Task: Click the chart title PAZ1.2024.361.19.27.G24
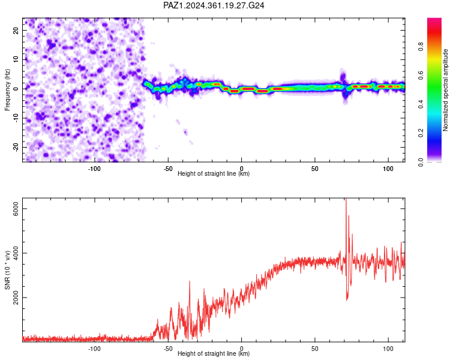(214, 5)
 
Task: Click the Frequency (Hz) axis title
(7, 90)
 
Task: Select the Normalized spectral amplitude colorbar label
(445, 90)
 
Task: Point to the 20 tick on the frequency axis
(16, 30)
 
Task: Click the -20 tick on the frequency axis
(16, 147)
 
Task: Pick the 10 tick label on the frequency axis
(16, 59)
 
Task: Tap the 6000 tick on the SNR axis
(16, 209)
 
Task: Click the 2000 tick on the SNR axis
(16, 298)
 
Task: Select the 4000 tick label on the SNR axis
(16, 253)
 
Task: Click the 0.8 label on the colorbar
(421, 46)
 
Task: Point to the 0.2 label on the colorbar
(421, 133)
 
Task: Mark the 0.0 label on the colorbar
(421, 162)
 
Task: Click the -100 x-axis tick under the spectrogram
(94, 169)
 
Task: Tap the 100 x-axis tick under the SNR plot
(388, 349)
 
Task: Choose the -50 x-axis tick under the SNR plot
(168, 349)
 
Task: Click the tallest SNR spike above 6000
(346, 200)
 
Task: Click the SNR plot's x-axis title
(214, 353)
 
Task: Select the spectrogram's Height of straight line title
(214, 173)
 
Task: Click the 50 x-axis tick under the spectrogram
(315, 169)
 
